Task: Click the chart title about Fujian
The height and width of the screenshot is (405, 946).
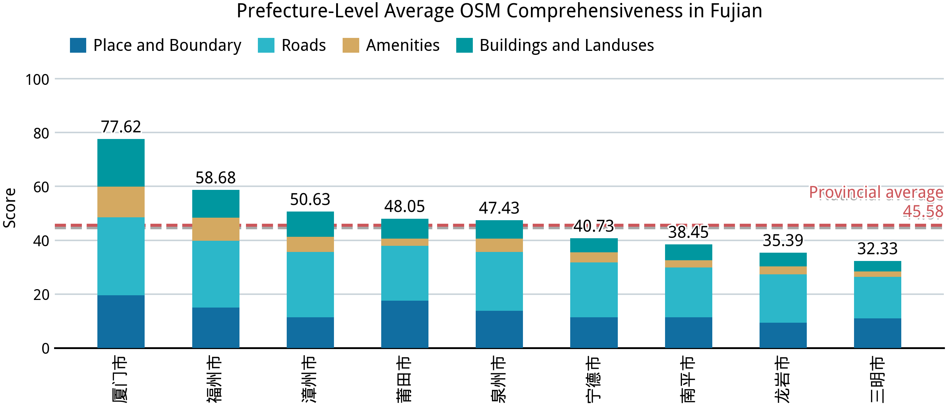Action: [499, 11]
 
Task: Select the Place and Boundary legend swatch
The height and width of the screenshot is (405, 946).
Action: [78, 45]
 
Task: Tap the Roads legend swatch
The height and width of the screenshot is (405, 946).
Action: [266, 45]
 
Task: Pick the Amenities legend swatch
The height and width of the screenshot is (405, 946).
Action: [351, 45]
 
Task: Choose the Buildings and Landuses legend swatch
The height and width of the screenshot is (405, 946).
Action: [464, 45]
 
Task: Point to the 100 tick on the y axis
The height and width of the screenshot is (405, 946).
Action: [37, 80]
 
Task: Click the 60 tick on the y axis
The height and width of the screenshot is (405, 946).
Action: [41, 187]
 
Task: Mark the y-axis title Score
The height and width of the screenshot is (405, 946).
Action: [10, 208]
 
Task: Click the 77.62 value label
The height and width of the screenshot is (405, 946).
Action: [121, 127]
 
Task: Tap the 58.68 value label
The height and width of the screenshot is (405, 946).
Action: [216, 178]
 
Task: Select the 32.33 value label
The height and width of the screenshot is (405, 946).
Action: [877, 249]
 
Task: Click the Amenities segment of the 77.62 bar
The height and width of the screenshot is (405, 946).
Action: [121, 202]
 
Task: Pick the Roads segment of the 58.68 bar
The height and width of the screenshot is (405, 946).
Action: [216, 274]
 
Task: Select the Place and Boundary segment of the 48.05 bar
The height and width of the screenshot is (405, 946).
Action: [404, 324]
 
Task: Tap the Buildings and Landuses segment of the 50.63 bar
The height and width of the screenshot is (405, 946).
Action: [310, 224]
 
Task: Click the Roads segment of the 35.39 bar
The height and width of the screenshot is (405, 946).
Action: [783, 299]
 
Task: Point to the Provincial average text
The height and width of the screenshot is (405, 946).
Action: [876, 193]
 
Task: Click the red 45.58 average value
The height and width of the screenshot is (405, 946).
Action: [923, 211]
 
